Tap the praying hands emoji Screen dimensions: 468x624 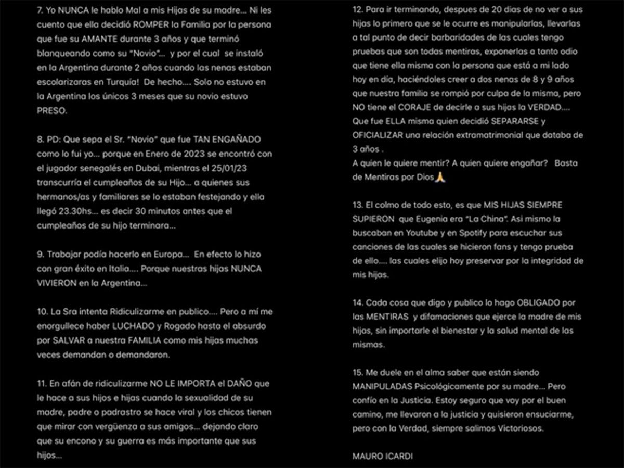[440, 177]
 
